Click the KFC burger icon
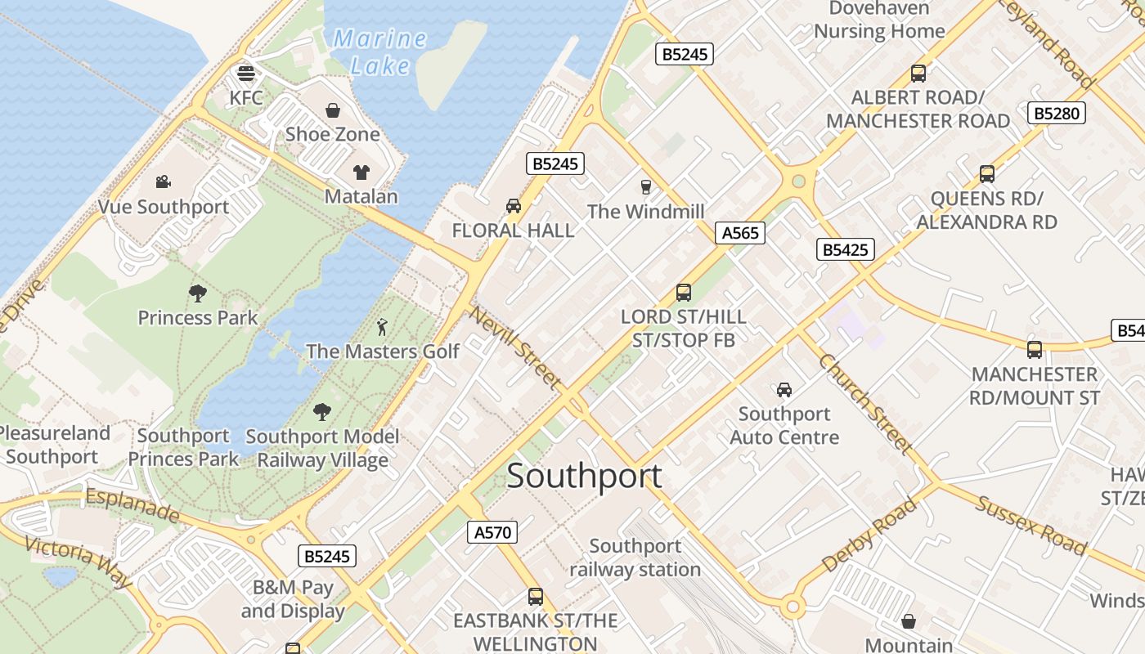click(246, 74)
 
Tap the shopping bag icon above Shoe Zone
click(333, 110)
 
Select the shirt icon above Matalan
click(361, 172)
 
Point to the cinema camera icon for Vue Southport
click(164, 181)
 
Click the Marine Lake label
click(380, 52)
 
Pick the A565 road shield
click(740, 233)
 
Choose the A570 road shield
click(493, 533)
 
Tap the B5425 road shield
click(846, 250)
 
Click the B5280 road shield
click(1057, 114)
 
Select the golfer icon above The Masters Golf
click(382, 328)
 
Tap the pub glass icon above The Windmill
click(646, 187)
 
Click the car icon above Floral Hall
click(514, 206)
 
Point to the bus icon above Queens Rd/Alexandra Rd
click(987, 174)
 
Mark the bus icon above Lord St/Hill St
click(684, 292)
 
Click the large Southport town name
click(584, 477)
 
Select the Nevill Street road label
click(516, 347)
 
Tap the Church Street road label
click(865, 404)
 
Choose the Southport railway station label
click(635, 558)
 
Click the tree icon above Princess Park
click(197, 293)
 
